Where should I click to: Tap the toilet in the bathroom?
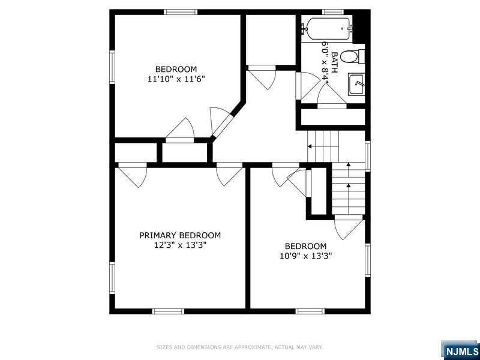click(x=352, y=57)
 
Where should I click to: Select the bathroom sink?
click(x=356, y=84)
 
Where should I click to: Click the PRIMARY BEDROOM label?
click(x=180, y=235)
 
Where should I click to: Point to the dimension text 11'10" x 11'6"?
click(x=176, y=79)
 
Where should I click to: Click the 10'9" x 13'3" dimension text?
click(x=306, y=256)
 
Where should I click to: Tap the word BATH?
click(x=335, y=62)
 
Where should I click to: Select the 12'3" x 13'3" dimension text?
click(x=180, y=245)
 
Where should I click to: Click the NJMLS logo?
click(x=460, y=351)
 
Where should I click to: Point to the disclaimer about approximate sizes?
click(x=239, y=347)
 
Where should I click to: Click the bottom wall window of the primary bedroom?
click(x=168, y=311)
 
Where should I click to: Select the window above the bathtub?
click(x=333, y=12)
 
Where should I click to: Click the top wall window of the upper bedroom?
click(x=181, y=12)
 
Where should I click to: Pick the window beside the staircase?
click(x=368, y=156)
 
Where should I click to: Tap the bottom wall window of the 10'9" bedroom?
click(x=310, y=311)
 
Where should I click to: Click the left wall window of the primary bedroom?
click(x=112, y=278)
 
